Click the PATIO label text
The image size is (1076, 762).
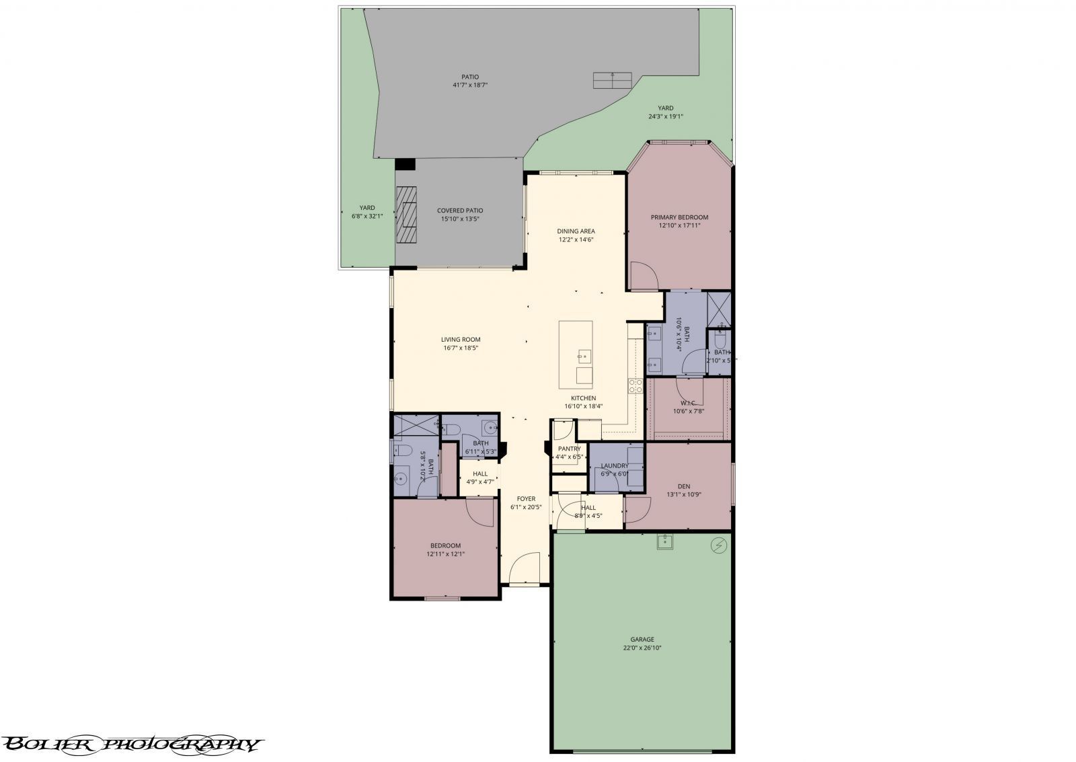470,77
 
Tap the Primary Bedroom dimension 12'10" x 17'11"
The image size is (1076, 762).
679,226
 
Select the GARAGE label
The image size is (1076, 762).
642,640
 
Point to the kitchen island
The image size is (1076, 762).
576,354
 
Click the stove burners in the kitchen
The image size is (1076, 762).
635,385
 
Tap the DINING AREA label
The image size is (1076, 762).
576,231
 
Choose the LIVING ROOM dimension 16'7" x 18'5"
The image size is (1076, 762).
461,348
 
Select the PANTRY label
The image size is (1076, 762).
569,449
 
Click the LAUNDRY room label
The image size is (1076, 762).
615,465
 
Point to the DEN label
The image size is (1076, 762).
683,486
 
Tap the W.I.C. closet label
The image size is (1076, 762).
688,403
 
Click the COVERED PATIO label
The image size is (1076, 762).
460,211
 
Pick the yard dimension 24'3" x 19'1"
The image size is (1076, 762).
666,116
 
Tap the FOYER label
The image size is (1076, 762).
526,499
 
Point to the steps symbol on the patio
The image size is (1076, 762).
613,80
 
